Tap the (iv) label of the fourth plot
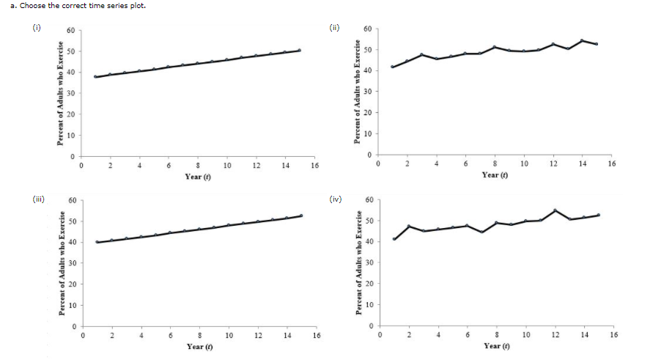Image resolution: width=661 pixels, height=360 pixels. point(336,197)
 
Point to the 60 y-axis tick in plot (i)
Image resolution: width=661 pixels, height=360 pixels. point(71,30)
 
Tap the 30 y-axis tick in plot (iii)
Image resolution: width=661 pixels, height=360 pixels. point(71,263)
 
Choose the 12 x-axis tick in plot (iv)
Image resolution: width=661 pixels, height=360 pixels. point(555,334)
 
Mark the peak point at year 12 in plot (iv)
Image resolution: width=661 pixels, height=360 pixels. point(555,210)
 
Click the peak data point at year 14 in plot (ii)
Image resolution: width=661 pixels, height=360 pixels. point(582,40)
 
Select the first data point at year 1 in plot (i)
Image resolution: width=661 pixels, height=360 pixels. point(95,76)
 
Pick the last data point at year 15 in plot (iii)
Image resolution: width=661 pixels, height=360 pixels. point(301,216)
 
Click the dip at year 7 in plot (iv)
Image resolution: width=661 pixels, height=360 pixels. point(482,232)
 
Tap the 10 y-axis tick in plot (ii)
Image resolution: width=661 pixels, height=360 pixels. point(369,134)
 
